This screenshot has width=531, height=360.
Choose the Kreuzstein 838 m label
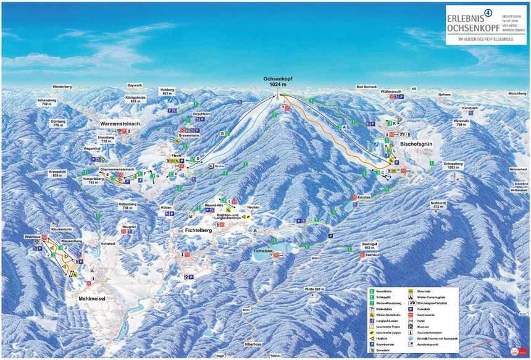coord(57,174)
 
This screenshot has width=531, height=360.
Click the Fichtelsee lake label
coord(262,250)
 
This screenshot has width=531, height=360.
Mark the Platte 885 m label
coord(314,289)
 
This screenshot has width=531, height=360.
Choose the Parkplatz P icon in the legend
coord(412,309)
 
